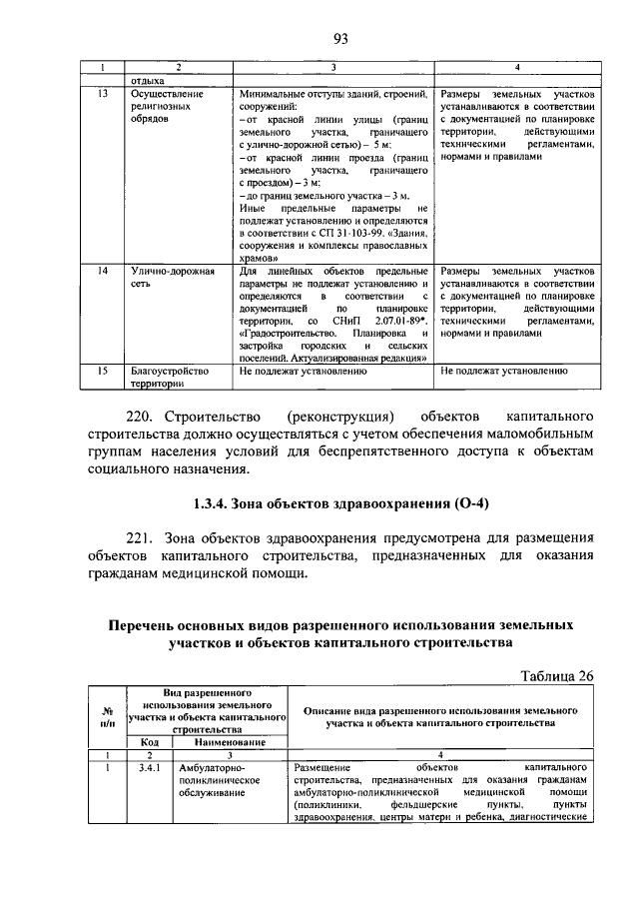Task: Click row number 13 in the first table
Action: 102,93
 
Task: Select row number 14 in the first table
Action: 102,271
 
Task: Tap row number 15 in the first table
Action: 102,370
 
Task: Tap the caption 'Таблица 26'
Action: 557,674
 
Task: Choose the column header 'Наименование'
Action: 230,742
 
